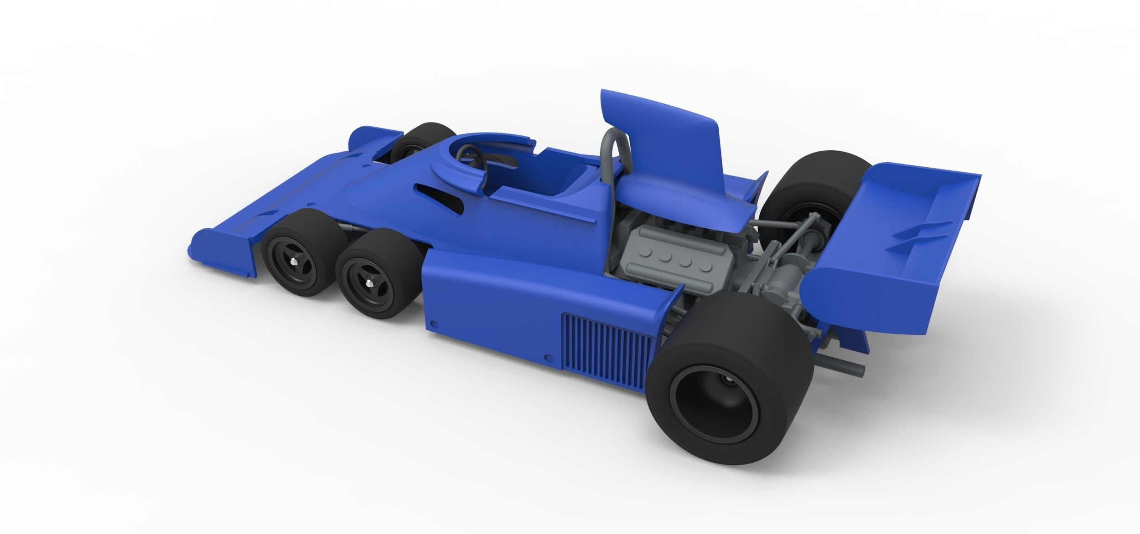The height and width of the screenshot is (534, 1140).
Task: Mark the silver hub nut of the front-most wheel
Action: click(x=297, y=262)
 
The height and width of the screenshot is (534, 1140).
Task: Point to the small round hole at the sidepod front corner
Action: click(x=434, y=324)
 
